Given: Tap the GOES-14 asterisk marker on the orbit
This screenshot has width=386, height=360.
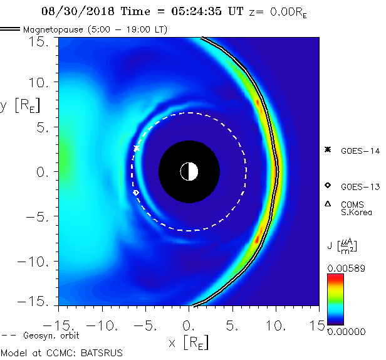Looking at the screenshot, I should (x=137, y=148).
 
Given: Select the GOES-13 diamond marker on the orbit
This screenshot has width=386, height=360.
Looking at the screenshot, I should (x=136, y=193).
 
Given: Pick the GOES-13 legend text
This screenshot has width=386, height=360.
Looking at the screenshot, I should (x=359, y=186).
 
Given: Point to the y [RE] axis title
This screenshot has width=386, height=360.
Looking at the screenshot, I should (x=19, y=105).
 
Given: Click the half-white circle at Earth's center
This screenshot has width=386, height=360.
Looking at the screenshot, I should (x=189, y=171).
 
